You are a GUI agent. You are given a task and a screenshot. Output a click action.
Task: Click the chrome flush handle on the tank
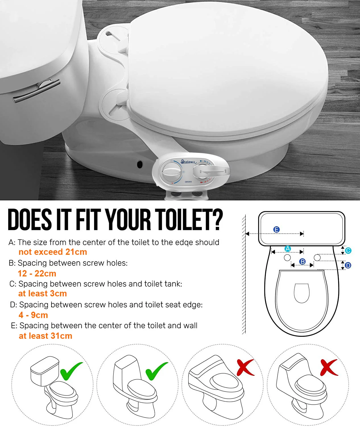[37, 91]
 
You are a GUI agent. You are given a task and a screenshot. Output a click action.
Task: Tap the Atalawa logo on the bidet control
[188, 162]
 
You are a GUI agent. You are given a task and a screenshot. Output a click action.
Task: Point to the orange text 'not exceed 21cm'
[53, 252]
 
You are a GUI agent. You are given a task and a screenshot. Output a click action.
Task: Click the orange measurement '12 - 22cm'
[37, 274]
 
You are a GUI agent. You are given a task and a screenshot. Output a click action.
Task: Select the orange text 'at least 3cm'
[42, 293]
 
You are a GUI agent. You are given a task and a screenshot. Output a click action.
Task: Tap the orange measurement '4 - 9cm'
[33, 315]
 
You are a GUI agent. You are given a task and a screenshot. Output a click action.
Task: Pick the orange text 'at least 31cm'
[45, 336]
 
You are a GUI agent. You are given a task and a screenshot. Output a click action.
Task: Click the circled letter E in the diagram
[276, 229]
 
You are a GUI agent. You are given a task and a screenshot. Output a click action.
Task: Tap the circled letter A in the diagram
[288, 249]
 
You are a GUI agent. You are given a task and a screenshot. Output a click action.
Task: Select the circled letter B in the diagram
[303, 261]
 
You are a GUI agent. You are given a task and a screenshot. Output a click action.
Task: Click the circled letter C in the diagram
[348, 251]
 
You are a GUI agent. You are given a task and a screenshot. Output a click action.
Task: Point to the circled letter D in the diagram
[348, 266]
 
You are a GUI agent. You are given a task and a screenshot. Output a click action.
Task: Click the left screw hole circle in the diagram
[287, 258]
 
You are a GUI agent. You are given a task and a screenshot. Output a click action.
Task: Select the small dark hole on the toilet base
[140, 164]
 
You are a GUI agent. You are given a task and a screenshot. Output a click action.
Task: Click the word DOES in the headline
[30, 220]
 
